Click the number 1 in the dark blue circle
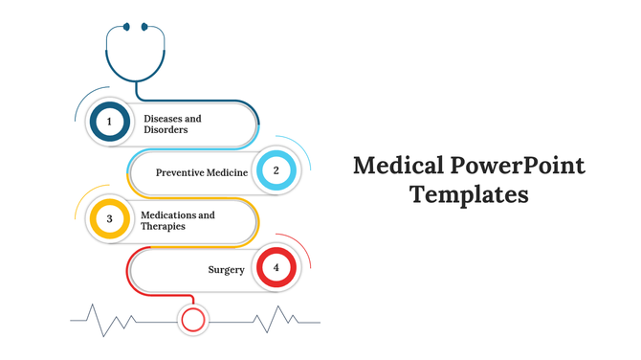[109, 122]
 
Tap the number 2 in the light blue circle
[276, 171]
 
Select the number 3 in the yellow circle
[109, 219]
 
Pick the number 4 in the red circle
[276, 268]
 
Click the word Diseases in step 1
[164, 118]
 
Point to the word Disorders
[166, 129]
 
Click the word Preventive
[177, 172]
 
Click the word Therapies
[163, 226]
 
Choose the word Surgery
[226, 270]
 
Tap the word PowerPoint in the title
[517, 166]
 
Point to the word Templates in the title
[469, 195]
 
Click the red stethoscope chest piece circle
[194, 319]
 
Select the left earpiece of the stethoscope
[125, 27]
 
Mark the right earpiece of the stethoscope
[145, 27]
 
